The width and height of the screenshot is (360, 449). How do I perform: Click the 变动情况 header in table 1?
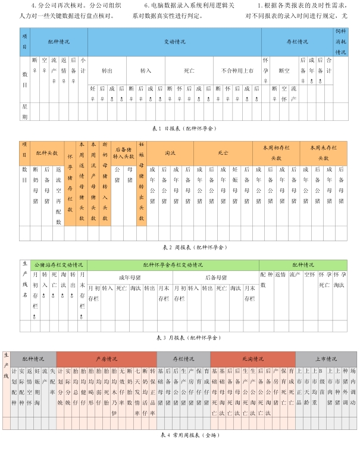click(x=174, y=42)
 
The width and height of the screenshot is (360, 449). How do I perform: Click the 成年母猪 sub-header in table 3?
click(x=130, y=277)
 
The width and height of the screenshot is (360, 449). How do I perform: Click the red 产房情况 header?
click(x=107, y=359)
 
